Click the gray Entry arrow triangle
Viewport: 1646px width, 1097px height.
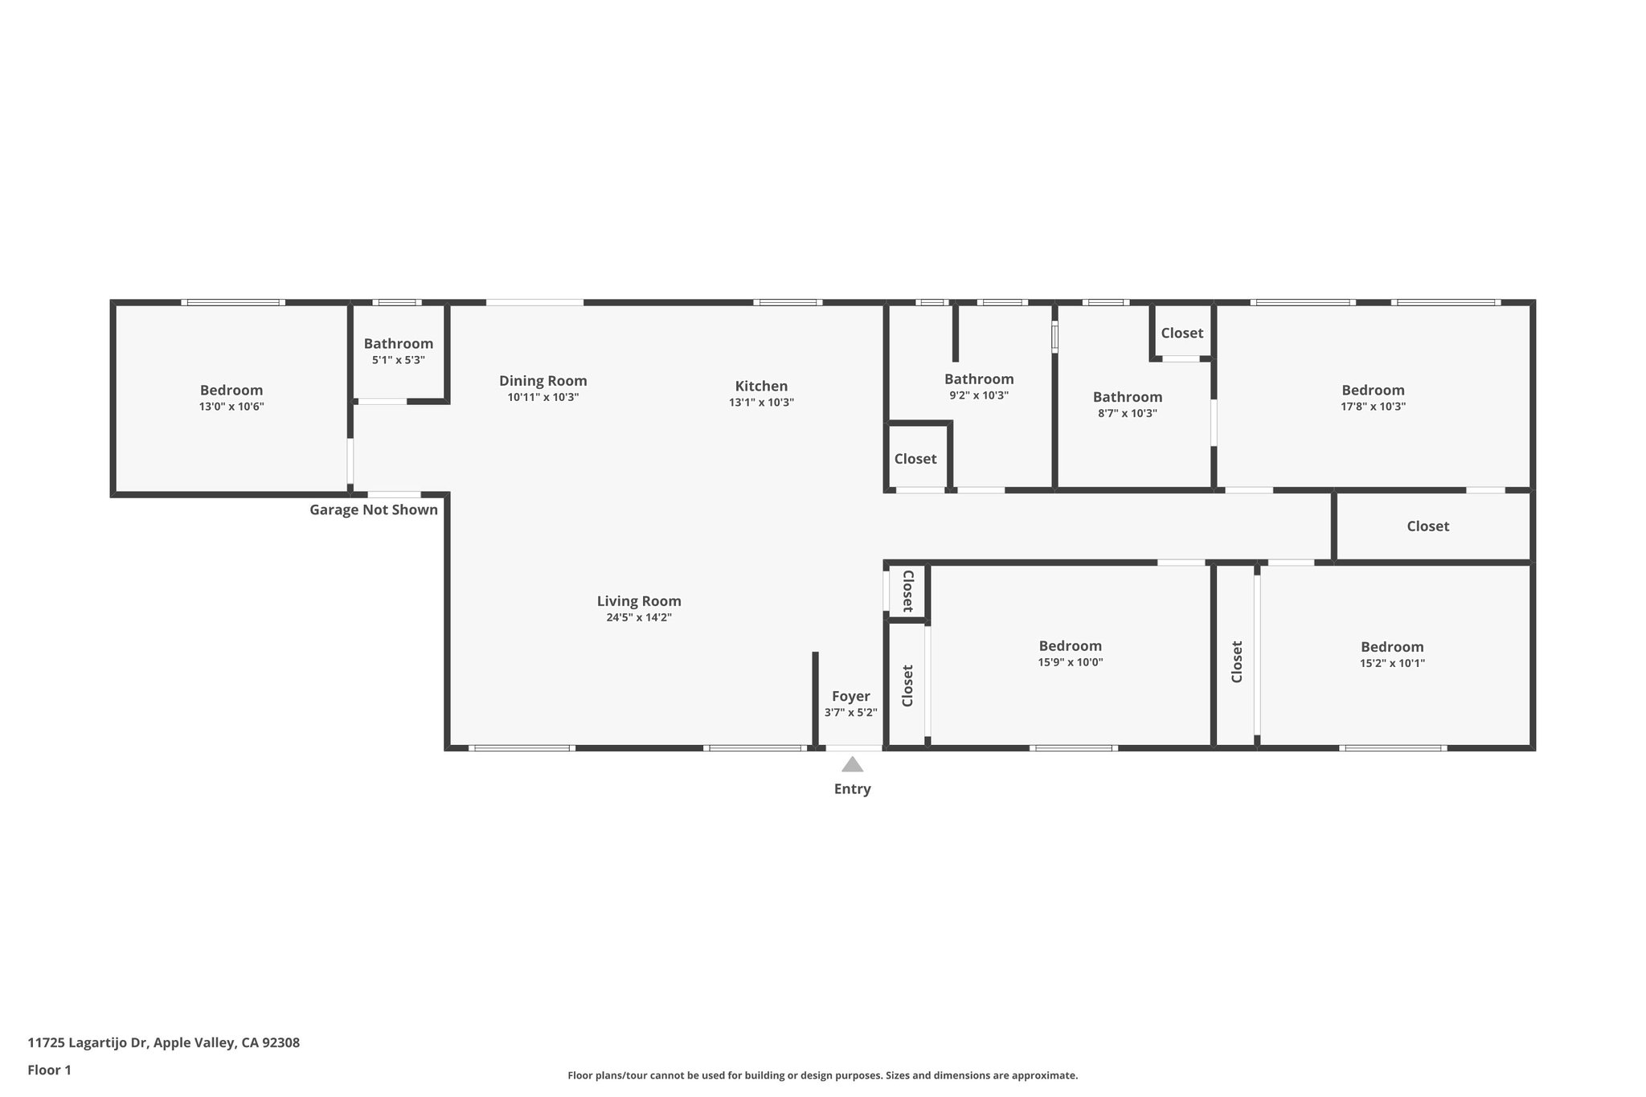point(852,764)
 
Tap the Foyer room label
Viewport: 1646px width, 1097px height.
point(850,696)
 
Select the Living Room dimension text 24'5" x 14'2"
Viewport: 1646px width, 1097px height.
point(639,618)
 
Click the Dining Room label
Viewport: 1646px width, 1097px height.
point(543,381)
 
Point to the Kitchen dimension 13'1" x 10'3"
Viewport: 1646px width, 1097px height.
point(761,403)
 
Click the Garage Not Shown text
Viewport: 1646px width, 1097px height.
point(374,510)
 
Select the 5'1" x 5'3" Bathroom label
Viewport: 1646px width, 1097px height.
point(399,344)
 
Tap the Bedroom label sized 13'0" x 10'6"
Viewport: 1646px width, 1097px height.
point(231,391)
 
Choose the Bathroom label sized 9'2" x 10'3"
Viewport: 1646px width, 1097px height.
point(979,379)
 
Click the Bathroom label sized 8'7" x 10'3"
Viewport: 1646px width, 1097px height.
point(1128,397)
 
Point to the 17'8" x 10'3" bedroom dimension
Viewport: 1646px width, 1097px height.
point(1373,407)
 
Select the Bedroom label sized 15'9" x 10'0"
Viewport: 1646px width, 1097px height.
point(1070,646)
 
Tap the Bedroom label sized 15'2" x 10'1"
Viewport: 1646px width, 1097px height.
point(1392,647)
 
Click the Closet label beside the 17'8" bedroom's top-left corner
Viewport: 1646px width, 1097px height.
point(1182,333)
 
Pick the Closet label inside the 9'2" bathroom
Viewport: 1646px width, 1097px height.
point(915,459)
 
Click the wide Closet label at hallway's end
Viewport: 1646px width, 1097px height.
point(1428,526)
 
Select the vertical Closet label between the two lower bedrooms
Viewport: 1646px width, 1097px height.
point(1237,661)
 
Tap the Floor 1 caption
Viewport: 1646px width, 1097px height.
point(50,1070)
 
